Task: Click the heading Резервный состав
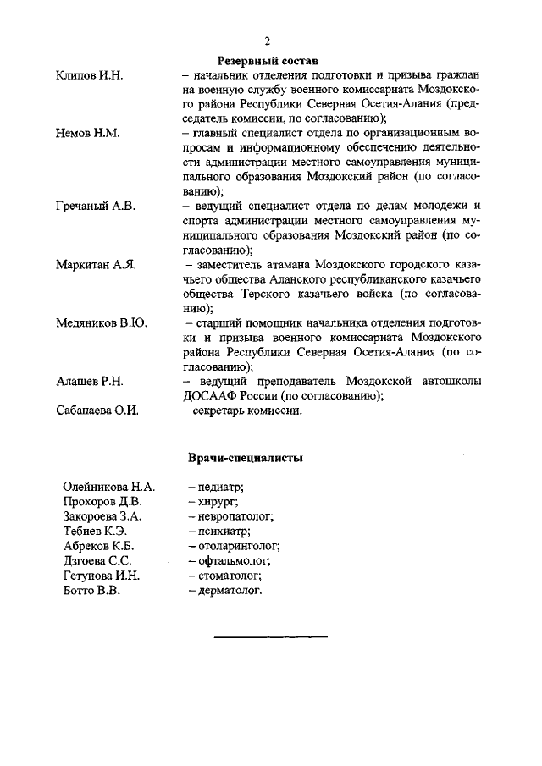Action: (268, 62)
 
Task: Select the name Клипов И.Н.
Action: (89, 76)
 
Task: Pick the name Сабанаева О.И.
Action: (97, 411)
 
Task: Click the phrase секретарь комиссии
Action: (246, 411)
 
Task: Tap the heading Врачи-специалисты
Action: (246, 458)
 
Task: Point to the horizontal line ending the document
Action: (270, 636)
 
